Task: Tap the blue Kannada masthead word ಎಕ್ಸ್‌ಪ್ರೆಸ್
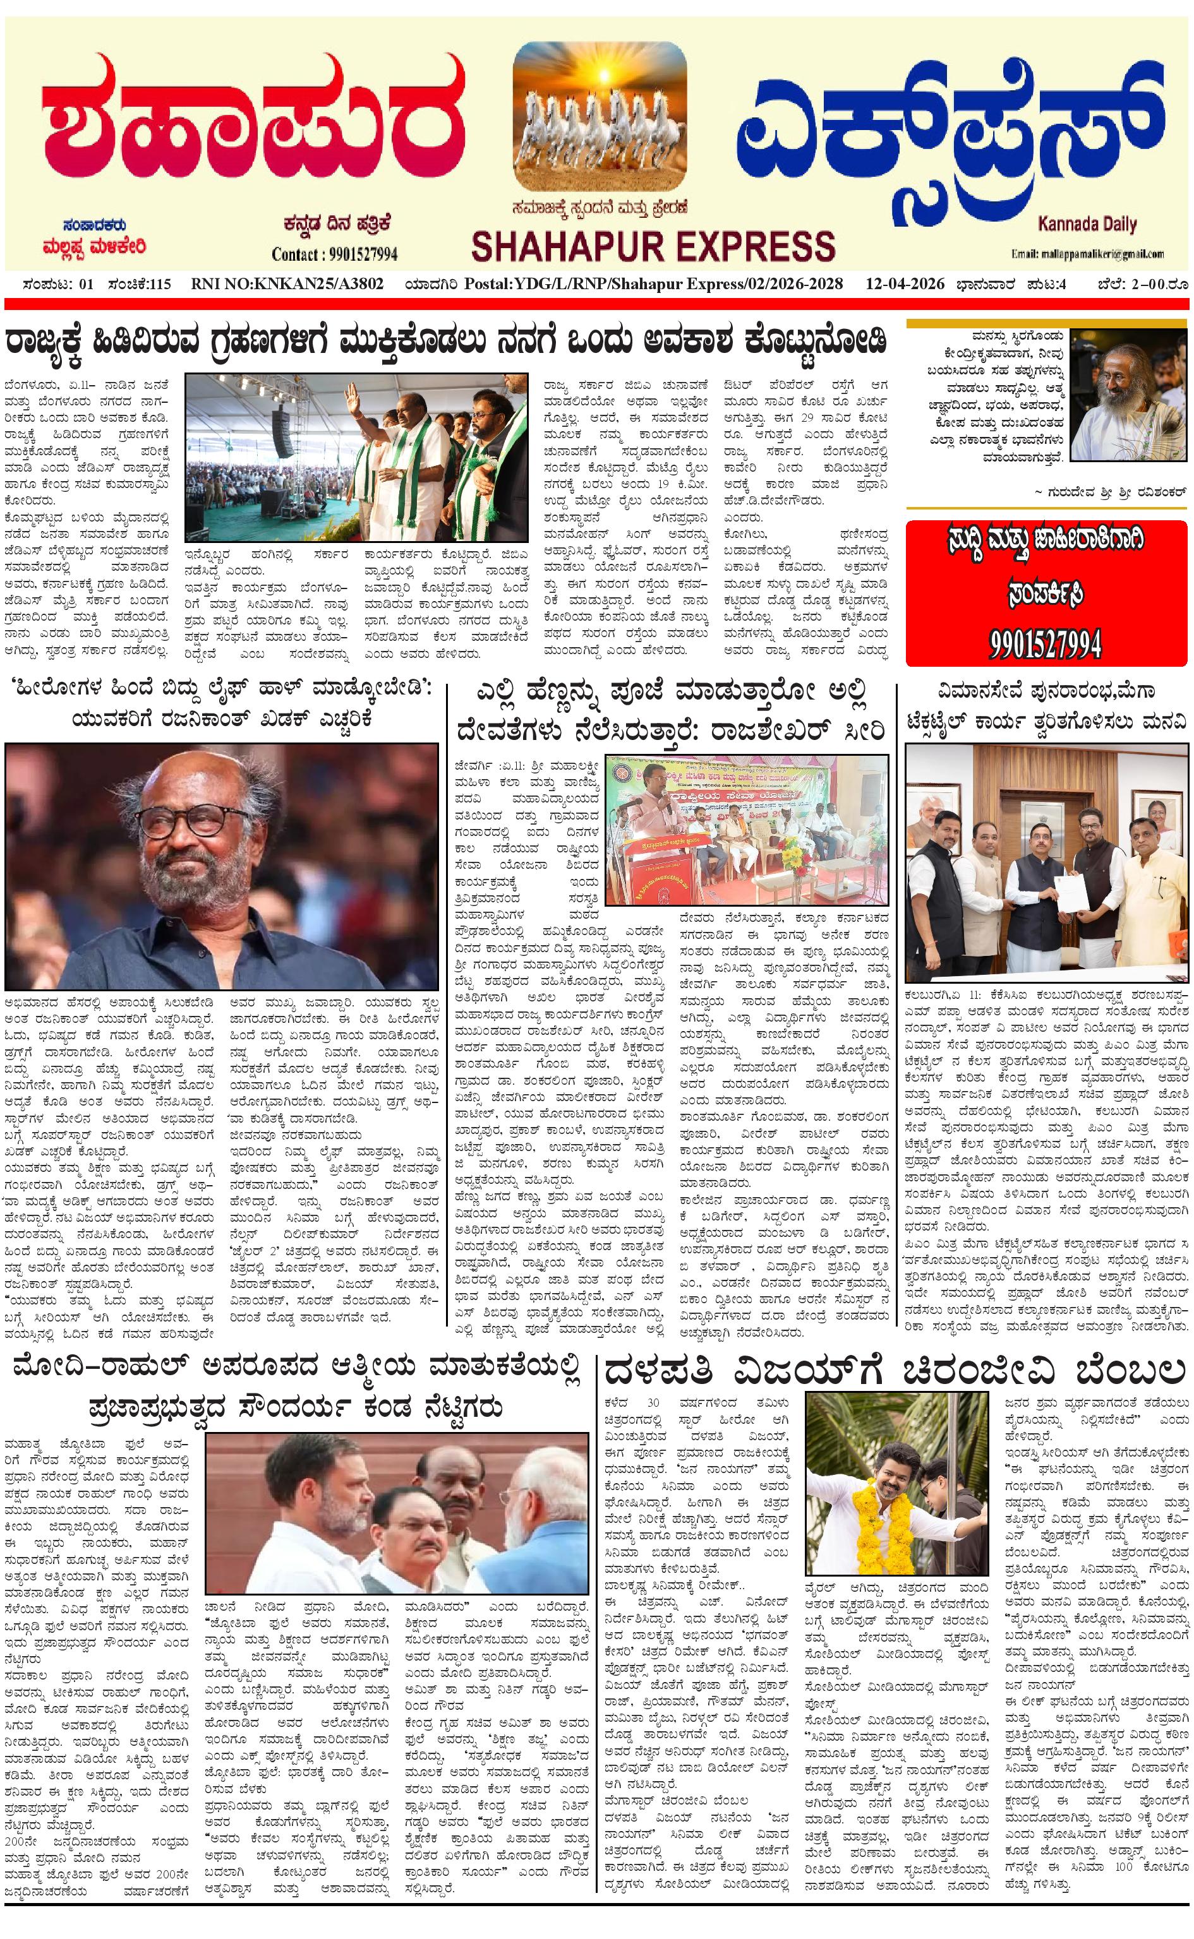pyautogui.click(x=955, y=126)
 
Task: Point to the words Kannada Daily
pyautogui.click(x=1087, y=224)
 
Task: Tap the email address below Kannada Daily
pyautogui.click(x=1087, y=254)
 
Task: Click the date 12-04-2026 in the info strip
pyautogui.click(x=904, y=284)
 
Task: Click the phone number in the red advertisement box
pyautogui.click(x=1046, y=645)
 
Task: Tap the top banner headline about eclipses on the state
pyautogui.click(x=446, y=342)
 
